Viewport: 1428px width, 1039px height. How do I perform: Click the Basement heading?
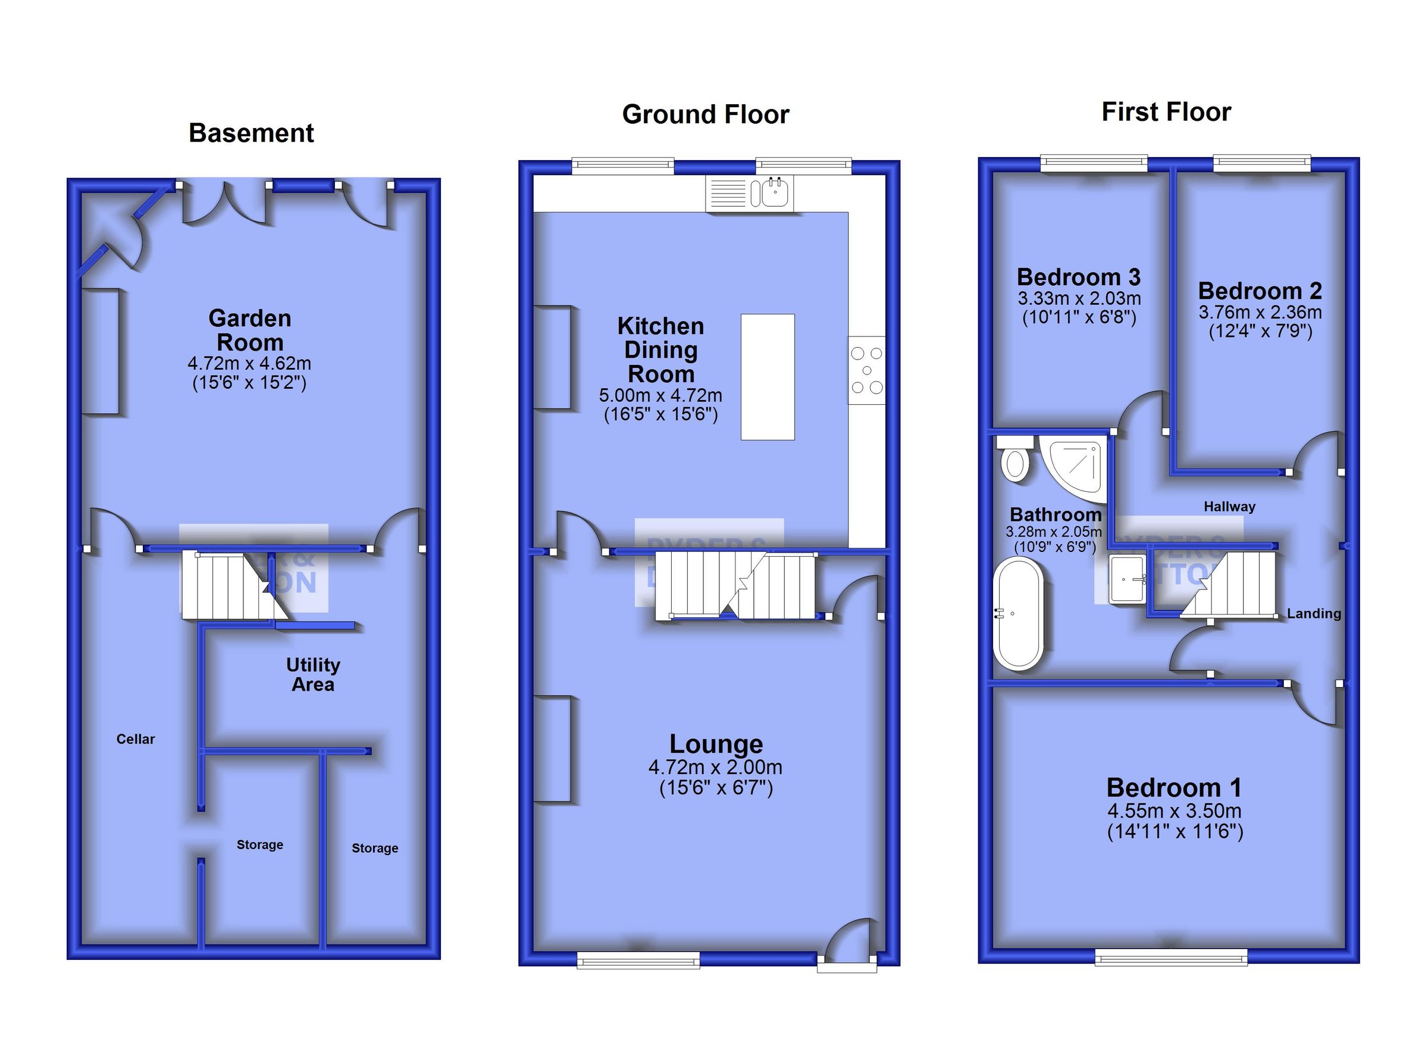click(x=251, y=133)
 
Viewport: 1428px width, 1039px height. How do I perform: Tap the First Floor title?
click(x=1166, y=112)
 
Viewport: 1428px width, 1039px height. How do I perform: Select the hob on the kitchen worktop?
click(x=866, y=370)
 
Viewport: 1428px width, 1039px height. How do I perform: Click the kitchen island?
click(x=767, y=377)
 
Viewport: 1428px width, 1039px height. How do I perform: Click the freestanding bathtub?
click(x=1017, y=613)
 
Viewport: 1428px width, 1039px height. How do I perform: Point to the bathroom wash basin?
click(x=1127, y=578)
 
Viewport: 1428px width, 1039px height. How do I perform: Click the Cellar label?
click(x=136, y=739)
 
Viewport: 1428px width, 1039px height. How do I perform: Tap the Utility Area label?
click(x=313, y=674)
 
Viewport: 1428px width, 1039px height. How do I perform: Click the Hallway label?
click(x=1229, y=507)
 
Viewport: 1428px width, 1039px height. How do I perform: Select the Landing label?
click(x=1313, y=614)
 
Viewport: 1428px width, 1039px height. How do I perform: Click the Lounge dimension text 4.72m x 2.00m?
click(x=715, y=767)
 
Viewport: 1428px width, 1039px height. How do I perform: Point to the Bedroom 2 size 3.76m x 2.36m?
click(x=1260, y=312)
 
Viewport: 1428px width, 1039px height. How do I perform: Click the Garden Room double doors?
click(x=224, y=202)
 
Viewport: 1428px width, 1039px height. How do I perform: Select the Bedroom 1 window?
click(x=1170, y=959)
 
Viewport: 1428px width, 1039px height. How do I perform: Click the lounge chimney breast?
click(x=552, y=748)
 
